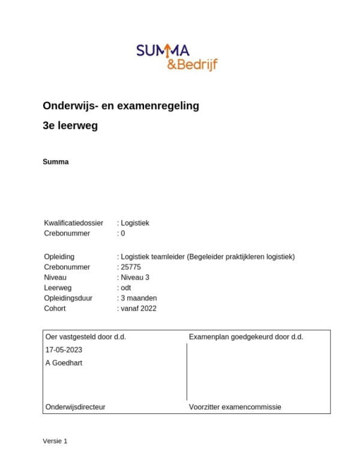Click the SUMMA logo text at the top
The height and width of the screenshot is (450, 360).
point(163,52)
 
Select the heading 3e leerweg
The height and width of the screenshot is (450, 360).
point(70,126)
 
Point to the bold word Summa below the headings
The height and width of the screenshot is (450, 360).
point(56,162)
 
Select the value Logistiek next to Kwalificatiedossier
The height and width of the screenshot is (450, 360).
point(135,223)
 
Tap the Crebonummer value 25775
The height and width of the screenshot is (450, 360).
point(131,267)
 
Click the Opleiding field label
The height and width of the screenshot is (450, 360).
point(59,257)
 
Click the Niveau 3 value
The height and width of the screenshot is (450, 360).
point(135,278)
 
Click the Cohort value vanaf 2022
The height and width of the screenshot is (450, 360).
point(139,308)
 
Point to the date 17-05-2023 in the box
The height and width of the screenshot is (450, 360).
point(64,350)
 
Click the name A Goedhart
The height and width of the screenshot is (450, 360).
point(64,363)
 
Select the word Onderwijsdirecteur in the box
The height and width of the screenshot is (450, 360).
point(76,407)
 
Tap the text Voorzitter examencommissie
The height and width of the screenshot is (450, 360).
point(235,407)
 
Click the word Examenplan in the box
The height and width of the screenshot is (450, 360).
point(208,337)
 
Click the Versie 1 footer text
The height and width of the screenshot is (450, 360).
point(55,441)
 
